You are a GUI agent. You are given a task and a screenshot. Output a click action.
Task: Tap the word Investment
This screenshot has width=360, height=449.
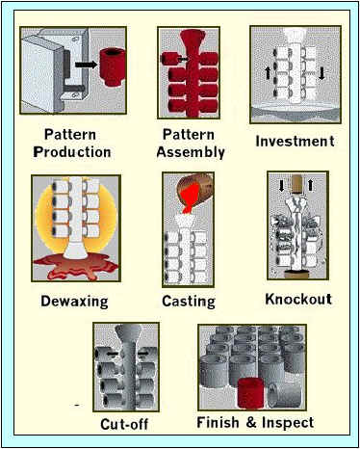(295, 142)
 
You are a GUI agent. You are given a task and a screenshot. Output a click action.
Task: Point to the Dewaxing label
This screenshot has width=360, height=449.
(73, 301)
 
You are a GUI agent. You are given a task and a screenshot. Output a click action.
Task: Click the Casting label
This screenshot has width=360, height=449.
(189, 301)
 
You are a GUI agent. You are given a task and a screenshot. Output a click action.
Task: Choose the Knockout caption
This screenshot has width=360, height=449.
(297, 299)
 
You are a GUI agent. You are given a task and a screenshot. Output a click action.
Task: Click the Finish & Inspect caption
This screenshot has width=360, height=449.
(255, 423)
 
